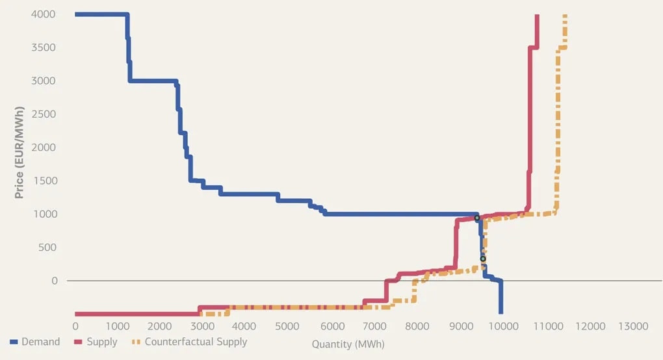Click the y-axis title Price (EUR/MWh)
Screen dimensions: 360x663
pos(20,147)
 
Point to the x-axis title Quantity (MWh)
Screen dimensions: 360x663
pos(348,344)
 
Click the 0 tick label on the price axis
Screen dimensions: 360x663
pos(55,281)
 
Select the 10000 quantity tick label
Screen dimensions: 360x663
pos(504,326)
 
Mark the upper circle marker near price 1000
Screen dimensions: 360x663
pos(477,218)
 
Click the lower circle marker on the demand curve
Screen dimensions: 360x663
pos(483,259)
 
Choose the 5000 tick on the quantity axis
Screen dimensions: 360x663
pos(290,326)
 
